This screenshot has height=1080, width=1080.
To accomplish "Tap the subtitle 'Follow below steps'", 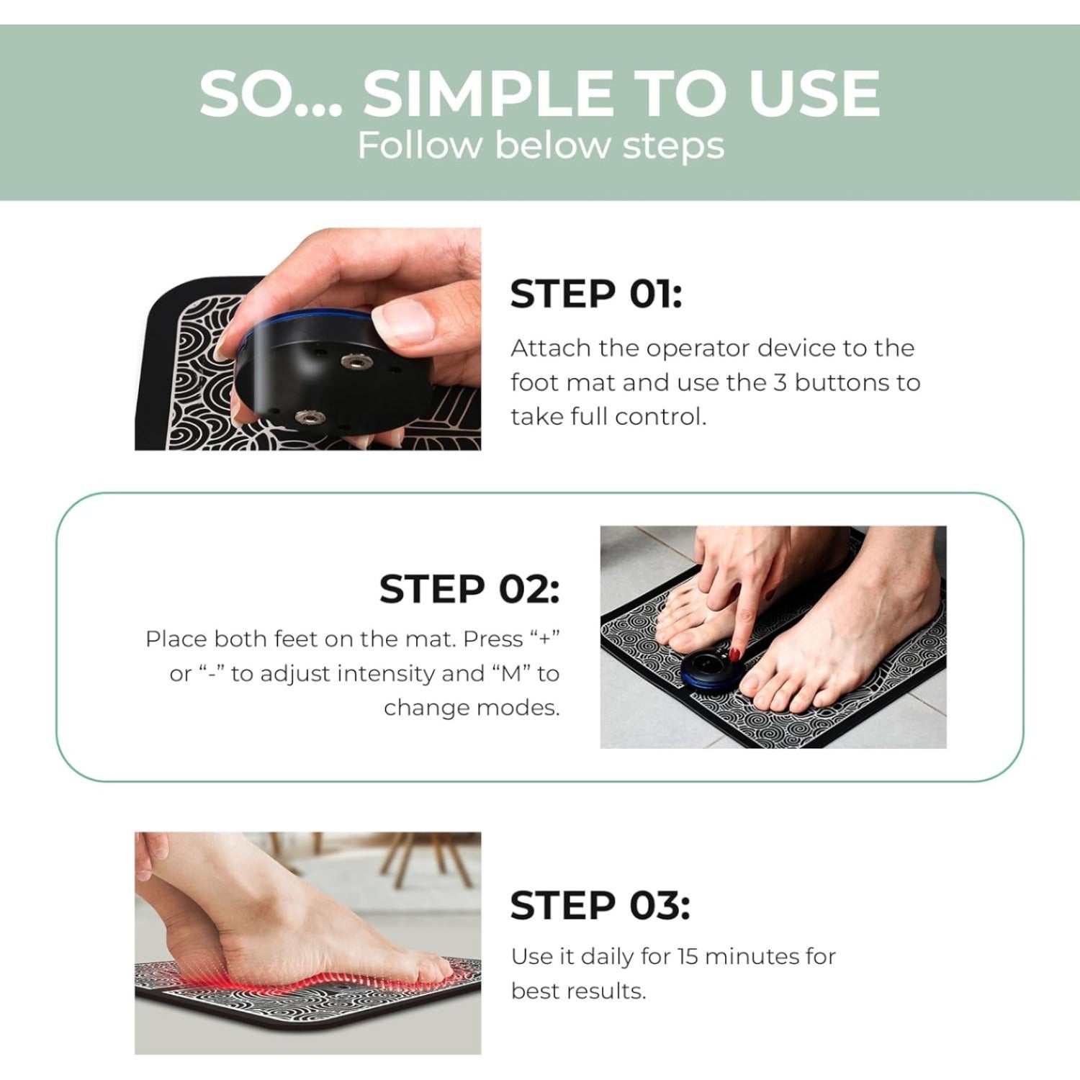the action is (541, 145).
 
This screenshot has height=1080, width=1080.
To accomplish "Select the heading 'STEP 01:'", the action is (595, 294).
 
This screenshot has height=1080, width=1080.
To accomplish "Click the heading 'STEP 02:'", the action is (469, 589).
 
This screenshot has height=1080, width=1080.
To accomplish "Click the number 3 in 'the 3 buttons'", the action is (780, 382).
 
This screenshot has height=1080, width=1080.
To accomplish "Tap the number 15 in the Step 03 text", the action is (688, 956).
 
